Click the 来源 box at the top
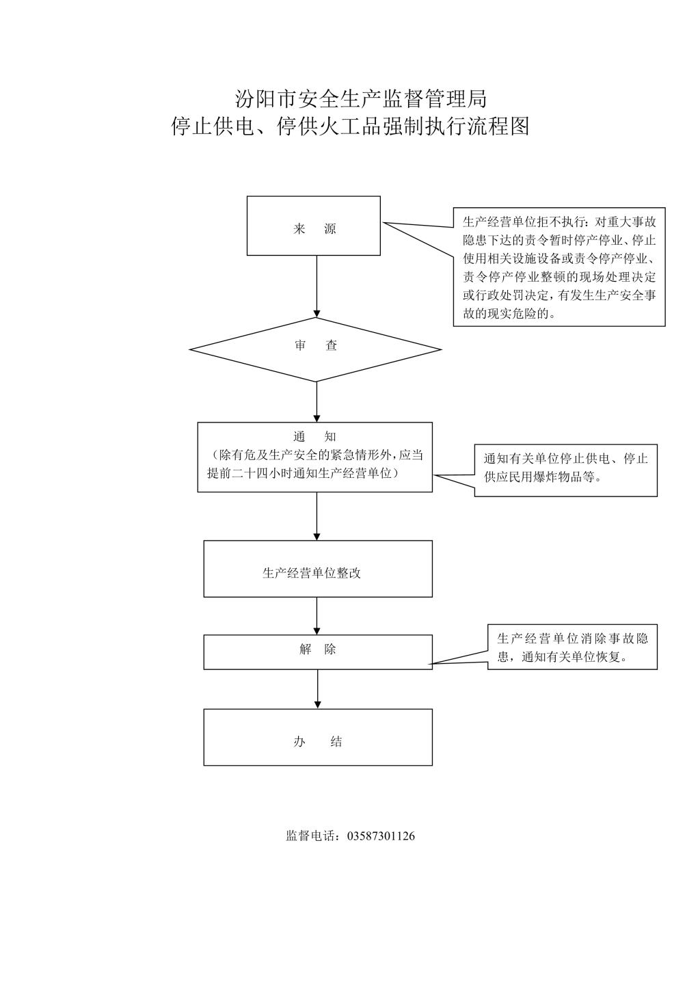(x=313, y=226)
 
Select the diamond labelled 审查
(x=316, y=349)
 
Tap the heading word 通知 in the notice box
(x=314, y=437)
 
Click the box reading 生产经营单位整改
(x=318, y=569)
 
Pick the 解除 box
(x=318, y=652)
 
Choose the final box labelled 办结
(x=318, y=737)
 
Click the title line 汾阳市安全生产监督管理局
(x=361, y=98)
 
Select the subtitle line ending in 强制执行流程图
(x=350, y=126)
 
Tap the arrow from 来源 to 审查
(x=317, y=286)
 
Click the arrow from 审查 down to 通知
(x=317, y=402)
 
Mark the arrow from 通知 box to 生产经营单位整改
(x=317, y=516)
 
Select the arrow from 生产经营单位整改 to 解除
(x=317, y=616)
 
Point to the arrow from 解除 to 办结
(x=317, y=689)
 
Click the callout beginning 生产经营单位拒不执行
(x=559, y=267)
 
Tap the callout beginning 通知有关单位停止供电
(x=565, y=470)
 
